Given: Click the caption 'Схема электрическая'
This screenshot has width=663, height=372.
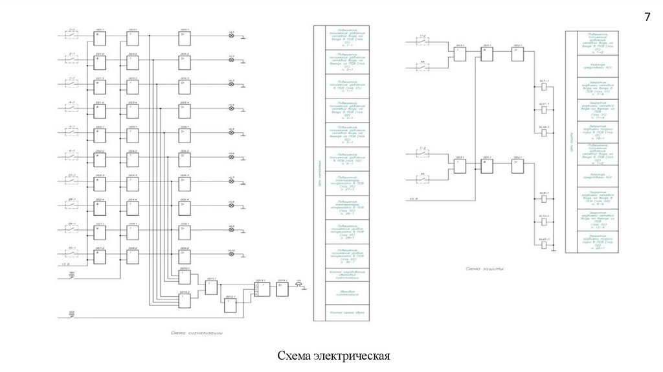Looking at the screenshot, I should pyautogui.click(x=333, y=356).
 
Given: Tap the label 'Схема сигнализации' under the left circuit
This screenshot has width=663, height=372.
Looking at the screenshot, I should pyautogui.click(x=198, y=333).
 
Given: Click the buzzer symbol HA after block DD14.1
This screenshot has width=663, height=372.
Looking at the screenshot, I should pyautogui.click(x=299, y=289).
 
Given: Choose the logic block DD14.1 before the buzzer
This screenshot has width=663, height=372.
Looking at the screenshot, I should pyautogui.click(x=283, y=290).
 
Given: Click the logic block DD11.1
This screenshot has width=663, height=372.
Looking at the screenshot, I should pyautogui.click(x=212, y=286).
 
